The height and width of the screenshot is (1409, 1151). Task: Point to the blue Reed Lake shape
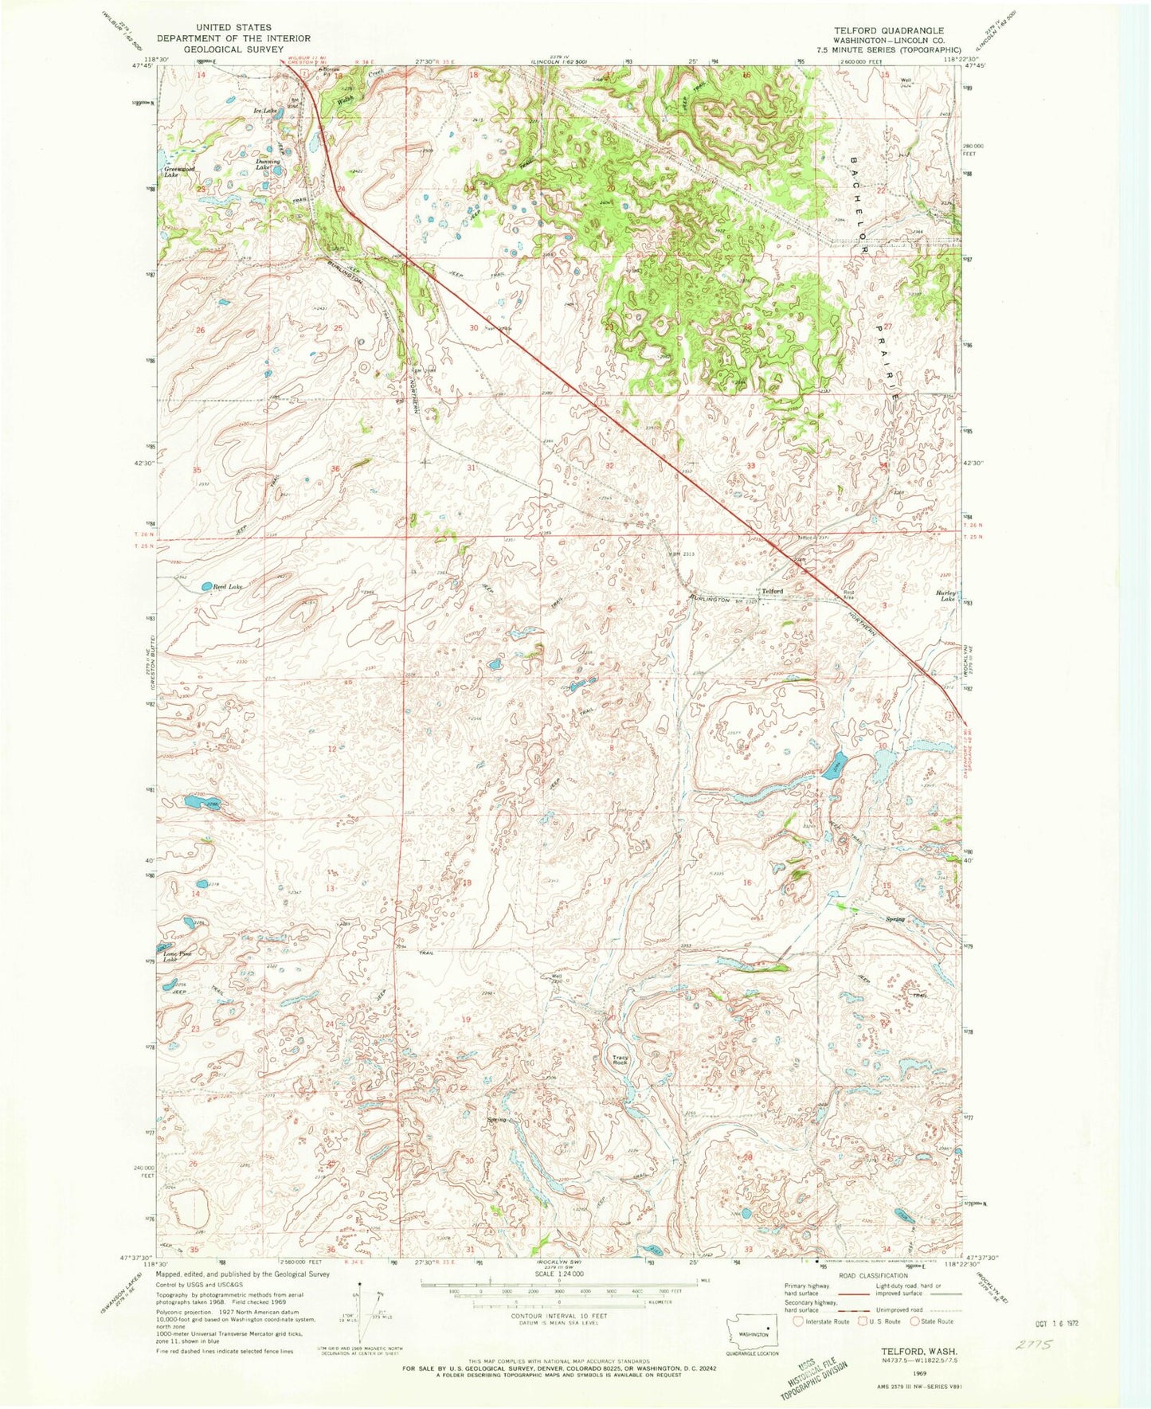click(206, 586)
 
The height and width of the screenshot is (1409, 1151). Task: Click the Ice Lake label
click(264, 111)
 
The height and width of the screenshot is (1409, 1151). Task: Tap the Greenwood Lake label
click(178, 172)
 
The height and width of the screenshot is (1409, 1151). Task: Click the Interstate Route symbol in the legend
click(799, 1321)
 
